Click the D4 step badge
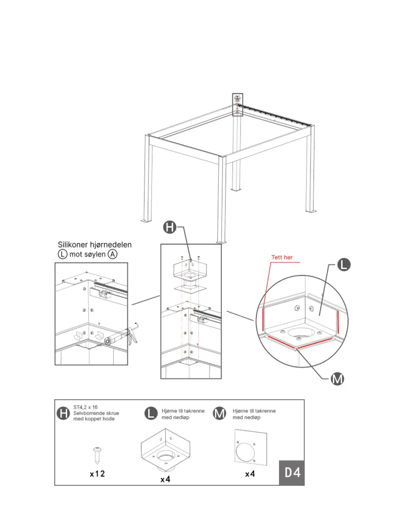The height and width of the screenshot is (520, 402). tap(292, 473)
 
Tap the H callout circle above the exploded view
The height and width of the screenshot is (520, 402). tap(170, 227)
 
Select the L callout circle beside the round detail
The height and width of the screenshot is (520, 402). tap(344, 265)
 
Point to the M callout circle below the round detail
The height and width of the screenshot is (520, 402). tap(337, 379)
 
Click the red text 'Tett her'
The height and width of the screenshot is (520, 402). tap(282, 257)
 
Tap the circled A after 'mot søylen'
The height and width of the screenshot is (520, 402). tap(113, 254)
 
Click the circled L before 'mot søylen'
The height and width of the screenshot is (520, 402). tap(62, 254)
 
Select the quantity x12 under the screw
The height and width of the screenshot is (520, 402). tap(97, 474)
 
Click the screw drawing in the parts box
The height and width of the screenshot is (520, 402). tap(97, 455)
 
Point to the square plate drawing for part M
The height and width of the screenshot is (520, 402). tap(251, 447)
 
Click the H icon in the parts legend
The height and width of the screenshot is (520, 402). tap(63, 413)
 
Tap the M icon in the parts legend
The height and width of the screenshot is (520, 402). tap(219, 413)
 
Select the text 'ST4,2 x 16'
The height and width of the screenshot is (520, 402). tap(85, 407)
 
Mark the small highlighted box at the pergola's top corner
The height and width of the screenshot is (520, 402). tap(237, 104)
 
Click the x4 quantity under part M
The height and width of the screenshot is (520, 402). tap(250, 474)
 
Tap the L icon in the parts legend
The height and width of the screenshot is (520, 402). tap(151, 413)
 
